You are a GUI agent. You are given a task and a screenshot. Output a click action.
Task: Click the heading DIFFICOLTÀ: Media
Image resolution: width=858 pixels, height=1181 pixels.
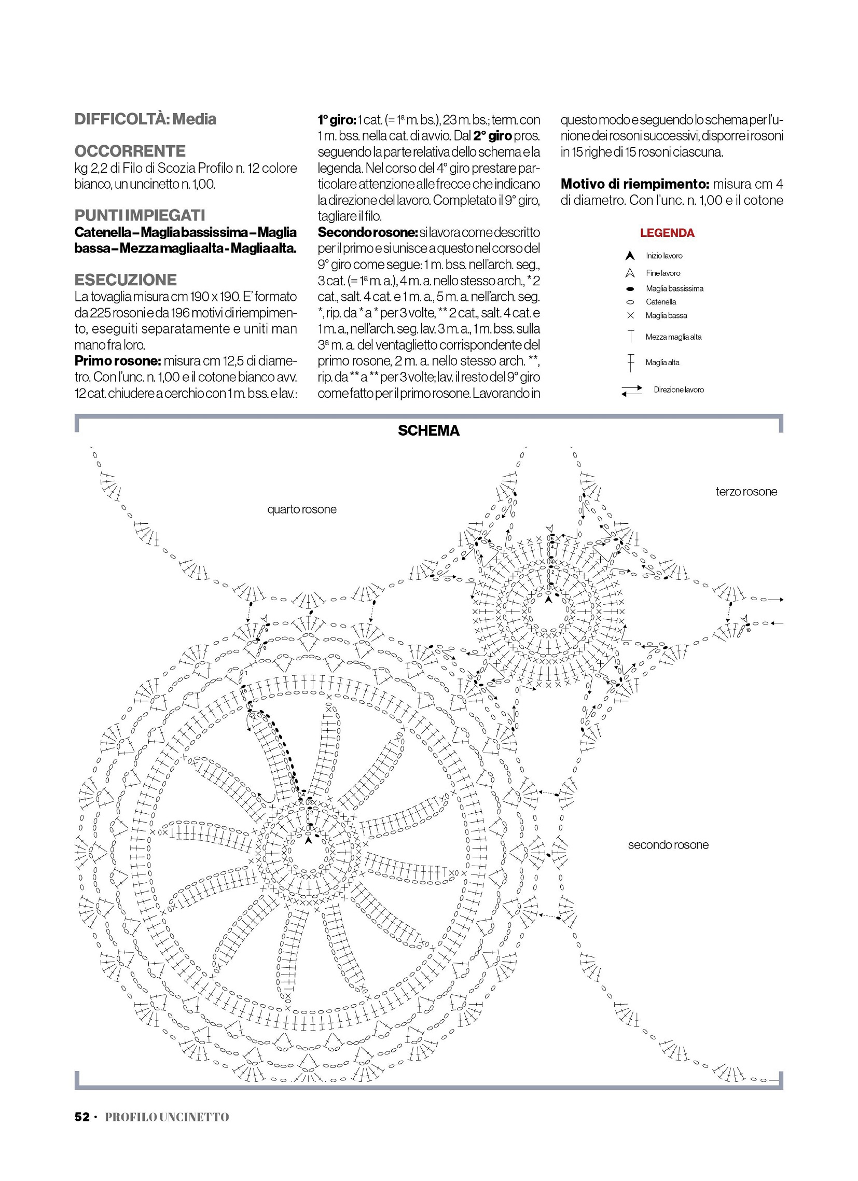coord(145,119)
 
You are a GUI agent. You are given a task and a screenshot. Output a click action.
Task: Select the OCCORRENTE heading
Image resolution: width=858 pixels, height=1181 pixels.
coord(130,151)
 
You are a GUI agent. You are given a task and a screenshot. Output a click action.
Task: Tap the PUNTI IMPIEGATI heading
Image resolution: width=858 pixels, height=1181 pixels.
coord(140,216)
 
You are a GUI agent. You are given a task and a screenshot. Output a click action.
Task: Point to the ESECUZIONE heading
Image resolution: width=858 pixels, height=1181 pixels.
coord(126,280)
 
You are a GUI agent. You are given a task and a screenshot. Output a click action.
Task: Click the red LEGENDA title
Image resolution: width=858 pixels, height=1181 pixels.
coord(667,233)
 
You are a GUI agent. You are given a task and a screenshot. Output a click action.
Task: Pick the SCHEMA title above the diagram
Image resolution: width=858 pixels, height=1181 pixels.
coord(428,430)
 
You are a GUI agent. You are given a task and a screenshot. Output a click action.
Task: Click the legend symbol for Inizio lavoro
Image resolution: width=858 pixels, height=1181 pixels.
coord(630,256)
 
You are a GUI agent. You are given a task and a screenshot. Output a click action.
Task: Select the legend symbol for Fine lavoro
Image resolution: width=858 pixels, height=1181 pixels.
coord(630,273)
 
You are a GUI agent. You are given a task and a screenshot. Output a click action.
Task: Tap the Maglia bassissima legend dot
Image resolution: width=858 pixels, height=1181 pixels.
coord(630,289)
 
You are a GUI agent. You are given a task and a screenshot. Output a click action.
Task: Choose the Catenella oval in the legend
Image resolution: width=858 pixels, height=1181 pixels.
coord(630,302)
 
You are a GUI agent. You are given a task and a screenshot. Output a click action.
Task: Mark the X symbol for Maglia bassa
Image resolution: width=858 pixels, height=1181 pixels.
coord(630,315)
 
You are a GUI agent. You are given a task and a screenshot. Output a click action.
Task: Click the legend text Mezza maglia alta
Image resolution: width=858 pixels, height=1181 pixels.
coord(673,337)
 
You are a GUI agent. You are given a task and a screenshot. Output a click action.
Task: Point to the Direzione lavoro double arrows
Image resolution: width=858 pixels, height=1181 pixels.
coord(631,390)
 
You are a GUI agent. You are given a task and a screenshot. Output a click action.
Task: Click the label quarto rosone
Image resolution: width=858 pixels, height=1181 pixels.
coord(301,509)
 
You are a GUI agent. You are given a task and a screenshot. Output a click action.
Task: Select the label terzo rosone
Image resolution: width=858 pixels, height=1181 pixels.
coord(746,492)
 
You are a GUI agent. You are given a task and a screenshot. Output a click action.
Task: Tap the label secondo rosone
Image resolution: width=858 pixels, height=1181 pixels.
coord(668,844)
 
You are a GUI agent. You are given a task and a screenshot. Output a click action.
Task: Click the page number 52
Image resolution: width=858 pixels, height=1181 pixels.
coord(82,1117)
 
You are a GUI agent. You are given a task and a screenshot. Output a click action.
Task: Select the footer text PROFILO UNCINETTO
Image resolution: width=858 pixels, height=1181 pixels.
coord(167,1117)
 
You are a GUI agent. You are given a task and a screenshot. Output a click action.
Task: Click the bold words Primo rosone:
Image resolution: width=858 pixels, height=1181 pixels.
coord(117,361)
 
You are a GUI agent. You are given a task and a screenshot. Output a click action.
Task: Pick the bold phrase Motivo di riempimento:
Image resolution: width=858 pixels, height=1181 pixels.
coord(634,184)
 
